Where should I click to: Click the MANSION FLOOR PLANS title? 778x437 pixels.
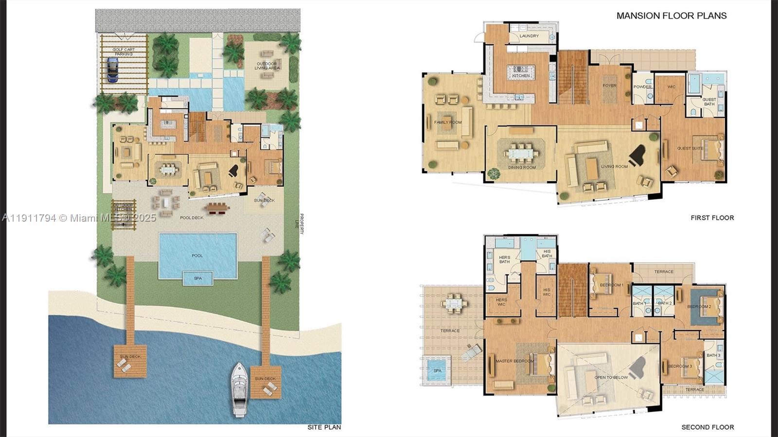click(671, 16)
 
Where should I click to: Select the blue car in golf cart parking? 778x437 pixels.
click(112, 70)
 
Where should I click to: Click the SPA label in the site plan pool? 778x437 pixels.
click(197, 279)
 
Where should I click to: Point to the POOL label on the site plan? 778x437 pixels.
click(197, 255)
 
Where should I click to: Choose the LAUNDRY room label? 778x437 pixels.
click(529, 36)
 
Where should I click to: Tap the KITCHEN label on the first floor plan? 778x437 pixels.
click(521, 76)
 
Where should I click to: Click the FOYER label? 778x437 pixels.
click(609, 86)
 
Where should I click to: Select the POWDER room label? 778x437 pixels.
click(642, 87)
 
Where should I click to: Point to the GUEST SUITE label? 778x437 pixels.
click(690, 148)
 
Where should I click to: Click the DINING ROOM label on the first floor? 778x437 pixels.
click(522, 168)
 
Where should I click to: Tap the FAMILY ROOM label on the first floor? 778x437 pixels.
click(448, 122)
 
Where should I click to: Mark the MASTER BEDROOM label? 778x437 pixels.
click(514, 361)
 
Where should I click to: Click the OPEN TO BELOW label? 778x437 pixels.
click(611, 377)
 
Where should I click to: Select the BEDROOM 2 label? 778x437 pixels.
click(699, 307)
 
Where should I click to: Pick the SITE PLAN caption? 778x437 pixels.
click(324, 427)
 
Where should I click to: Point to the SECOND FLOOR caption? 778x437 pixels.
click(707, 427)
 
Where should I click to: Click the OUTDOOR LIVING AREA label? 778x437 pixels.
click(267, 66)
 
